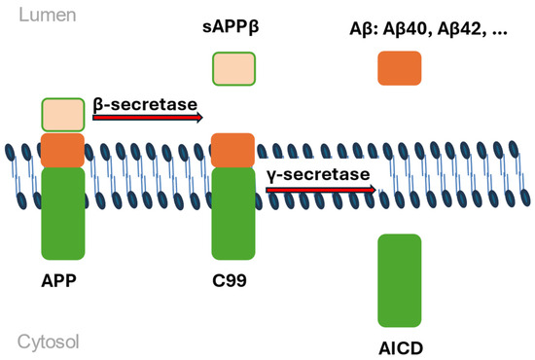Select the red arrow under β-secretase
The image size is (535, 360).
[147, 117]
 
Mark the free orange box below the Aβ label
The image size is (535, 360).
[399, 68]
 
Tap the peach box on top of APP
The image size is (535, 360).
[62, 115]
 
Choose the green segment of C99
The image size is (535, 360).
[233, 211]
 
